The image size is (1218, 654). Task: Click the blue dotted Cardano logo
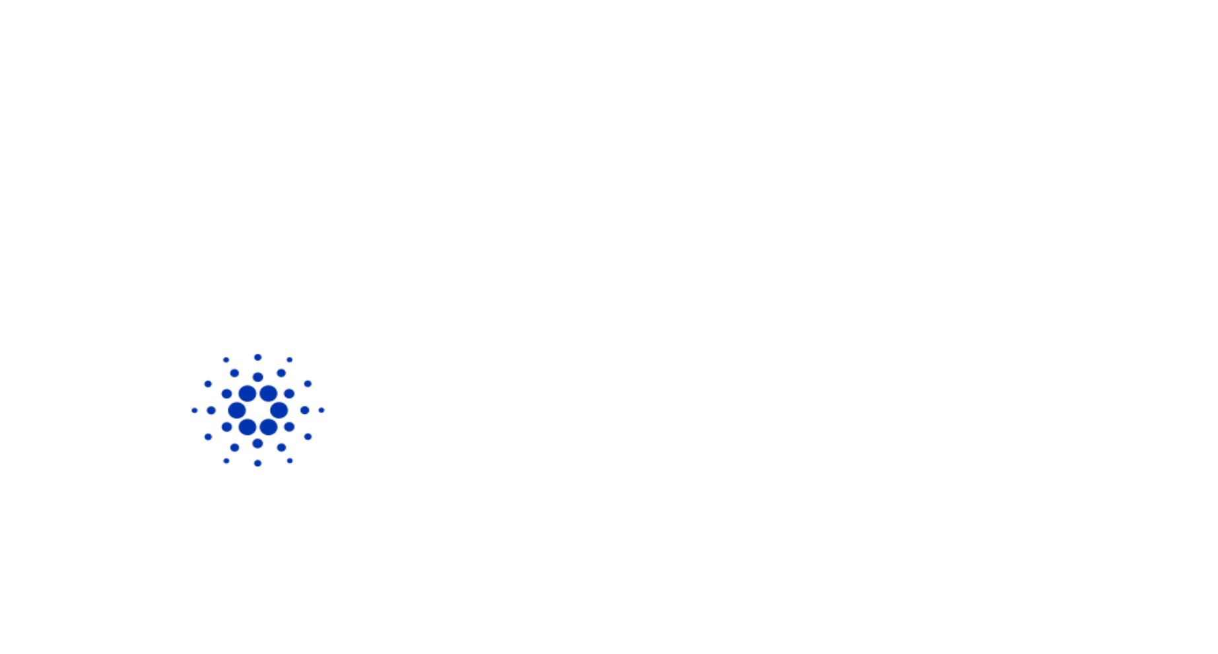tap(257, 410)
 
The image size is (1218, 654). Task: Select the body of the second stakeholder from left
tap(226, 191)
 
